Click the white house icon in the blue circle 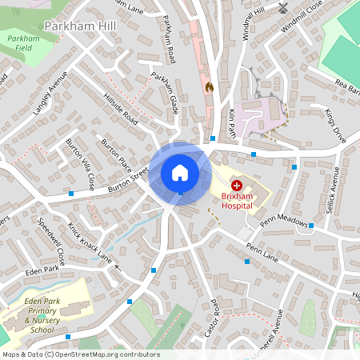coord(180,172)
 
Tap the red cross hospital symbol coord(237,185)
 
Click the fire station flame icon coord(210,86)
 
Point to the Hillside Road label coord(121,110)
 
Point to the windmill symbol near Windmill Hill coord(283,8)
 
